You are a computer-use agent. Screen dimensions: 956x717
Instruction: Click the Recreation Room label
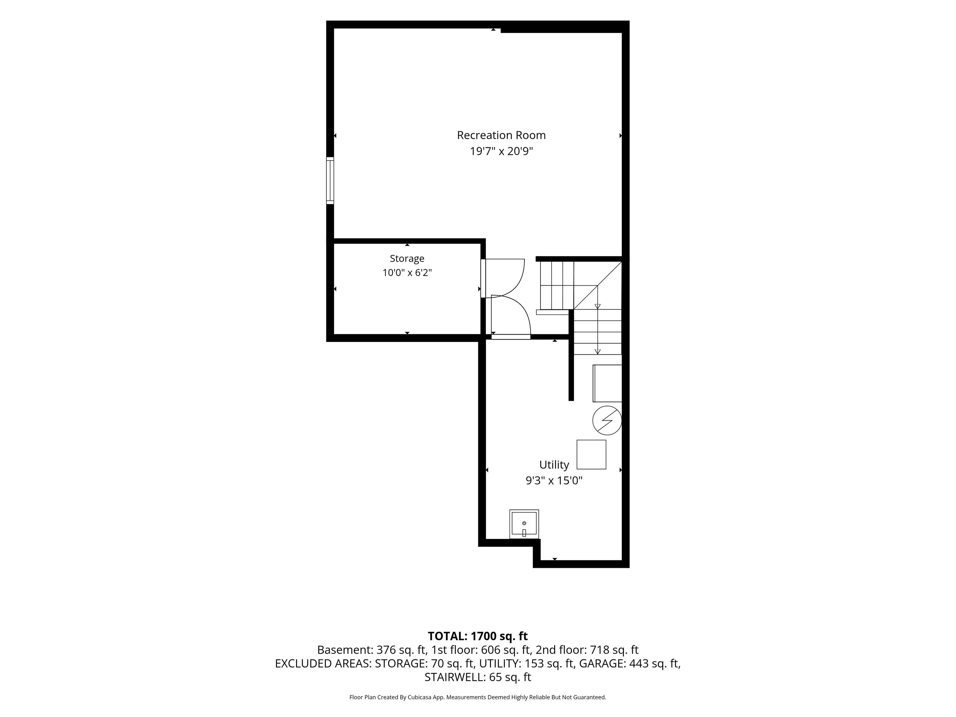pos(501,135)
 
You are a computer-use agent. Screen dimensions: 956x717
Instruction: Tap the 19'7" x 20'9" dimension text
pos(501,151)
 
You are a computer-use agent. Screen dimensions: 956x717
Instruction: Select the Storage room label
pos(407,258)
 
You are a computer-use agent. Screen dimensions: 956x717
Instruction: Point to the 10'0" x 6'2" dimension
pos(407,273)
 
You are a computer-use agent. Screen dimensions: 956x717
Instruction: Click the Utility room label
pos(554,465)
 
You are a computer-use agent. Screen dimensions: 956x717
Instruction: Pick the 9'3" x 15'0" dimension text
pos(554,481)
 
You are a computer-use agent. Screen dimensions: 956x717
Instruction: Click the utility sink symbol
pos(524,524)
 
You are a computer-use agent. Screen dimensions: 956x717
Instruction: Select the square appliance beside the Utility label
pos(591,454)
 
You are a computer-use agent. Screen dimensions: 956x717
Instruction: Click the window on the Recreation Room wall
pos(330,180)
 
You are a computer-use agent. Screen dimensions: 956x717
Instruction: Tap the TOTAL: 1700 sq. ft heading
pos(478,636)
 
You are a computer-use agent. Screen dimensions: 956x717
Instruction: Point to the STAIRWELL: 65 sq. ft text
pos(478,677)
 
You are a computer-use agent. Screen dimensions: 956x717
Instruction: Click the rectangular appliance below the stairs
pos(607,383)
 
